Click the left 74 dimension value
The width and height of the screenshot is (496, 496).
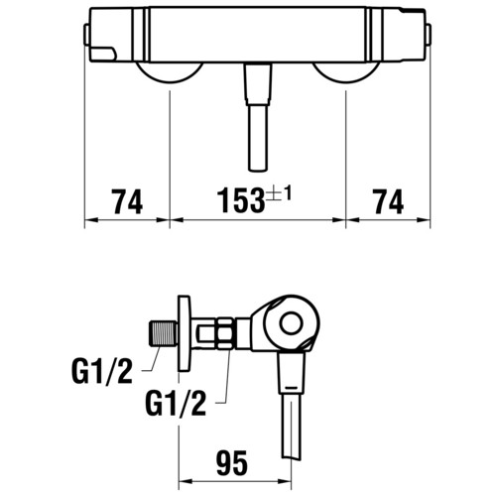pos(127,201)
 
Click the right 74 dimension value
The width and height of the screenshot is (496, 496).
pos(388,201)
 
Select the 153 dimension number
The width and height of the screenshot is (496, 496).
pos(241,200)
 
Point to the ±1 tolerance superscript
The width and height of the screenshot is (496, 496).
pos(280,194)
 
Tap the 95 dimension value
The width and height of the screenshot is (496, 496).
pos(232,462)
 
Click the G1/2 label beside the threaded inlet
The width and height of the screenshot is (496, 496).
pos(102,371)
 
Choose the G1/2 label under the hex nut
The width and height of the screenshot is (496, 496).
pos(176,403)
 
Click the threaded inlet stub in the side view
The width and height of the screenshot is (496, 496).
pos(164,333)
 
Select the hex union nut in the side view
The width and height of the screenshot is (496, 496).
pos(225,333)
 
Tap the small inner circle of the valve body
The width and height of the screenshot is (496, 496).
pos(291,323)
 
